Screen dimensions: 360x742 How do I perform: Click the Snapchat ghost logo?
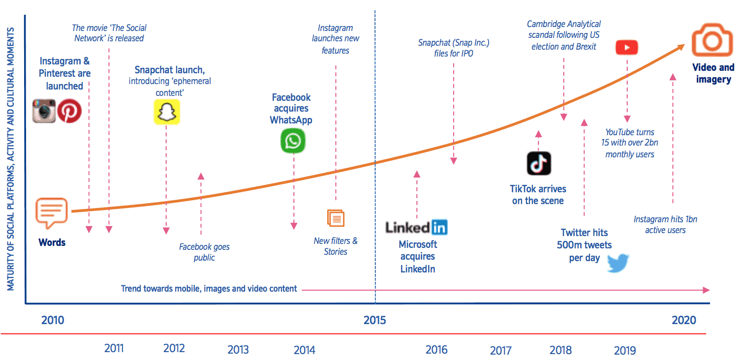166,112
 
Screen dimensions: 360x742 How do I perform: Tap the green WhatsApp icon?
293,141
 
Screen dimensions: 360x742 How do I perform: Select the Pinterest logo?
69,111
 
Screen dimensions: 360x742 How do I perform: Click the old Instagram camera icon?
44,111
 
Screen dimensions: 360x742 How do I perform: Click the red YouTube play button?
626,47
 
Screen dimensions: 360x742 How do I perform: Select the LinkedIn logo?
416,227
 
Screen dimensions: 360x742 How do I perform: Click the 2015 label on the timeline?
374,320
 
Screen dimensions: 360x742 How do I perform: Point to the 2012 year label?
174,348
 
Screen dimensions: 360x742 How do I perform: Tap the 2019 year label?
624,350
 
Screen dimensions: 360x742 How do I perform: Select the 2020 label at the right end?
683,320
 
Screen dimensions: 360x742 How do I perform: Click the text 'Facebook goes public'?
204,252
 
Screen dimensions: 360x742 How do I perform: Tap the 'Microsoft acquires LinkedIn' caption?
417,256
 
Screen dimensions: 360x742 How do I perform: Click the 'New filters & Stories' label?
336,246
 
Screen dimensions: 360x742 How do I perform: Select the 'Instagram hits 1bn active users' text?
665,225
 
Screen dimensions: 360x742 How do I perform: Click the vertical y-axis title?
10,158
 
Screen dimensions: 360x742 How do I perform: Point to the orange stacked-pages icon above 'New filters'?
336,218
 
